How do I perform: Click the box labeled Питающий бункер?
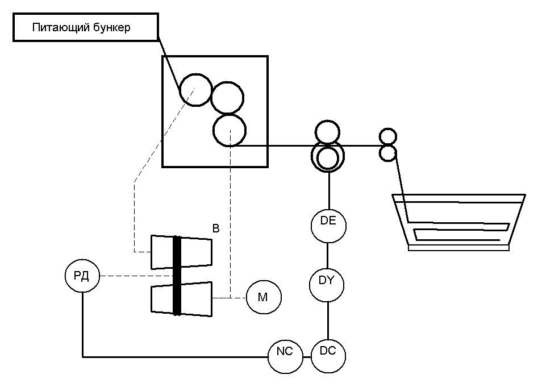click(85, 28)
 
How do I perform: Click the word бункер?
click(112, 28)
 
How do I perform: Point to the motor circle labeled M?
click(263, 297)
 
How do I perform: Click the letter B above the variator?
click(215, 229)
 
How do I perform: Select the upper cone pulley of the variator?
click(196, 252)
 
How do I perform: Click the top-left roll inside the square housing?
click(195, 90)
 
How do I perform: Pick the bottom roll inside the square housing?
click(230, 130)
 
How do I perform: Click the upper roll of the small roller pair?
click(387, 137)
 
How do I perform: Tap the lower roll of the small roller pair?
click(387, 152)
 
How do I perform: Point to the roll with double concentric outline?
click(327, 157)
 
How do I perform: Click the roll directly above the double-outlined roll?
click(327, 132)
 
